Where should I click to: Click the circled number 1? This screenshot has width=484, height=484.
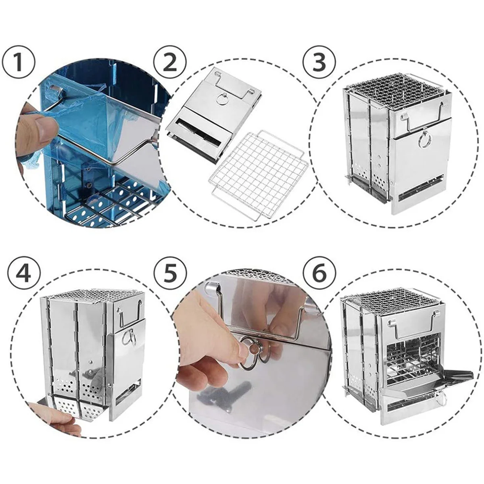coord(19,62)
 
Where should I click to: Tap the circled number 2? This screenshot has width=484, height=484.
coord(170,62)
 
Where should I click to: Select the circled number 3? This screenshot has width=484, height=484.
coord(319,62)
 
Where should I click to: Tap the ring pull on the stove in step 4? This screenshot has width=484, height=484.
coord(129,337)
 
